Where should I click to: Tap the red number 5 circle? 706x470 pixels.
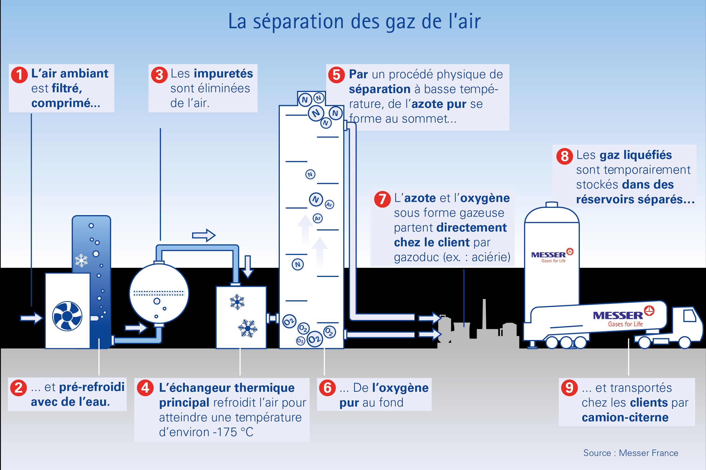337,75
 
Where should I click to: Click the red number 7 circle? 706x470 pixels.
382,199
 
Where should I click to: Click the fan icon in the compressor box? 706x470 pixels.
67,316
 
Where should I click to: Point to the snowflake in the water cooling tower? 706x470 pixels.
81,260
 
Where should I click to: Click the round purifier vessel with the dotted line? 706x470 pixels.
159,294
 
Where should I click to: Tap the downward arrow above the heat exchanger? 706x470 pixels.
248,267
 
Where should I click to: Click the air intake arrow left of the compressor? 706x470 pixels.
31,318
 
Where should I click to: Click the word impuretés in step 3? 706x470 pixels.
223,74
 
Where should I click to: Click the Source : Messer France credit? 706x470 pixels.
631,453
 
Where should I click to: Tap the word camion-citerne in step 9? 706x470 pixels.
625,417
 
